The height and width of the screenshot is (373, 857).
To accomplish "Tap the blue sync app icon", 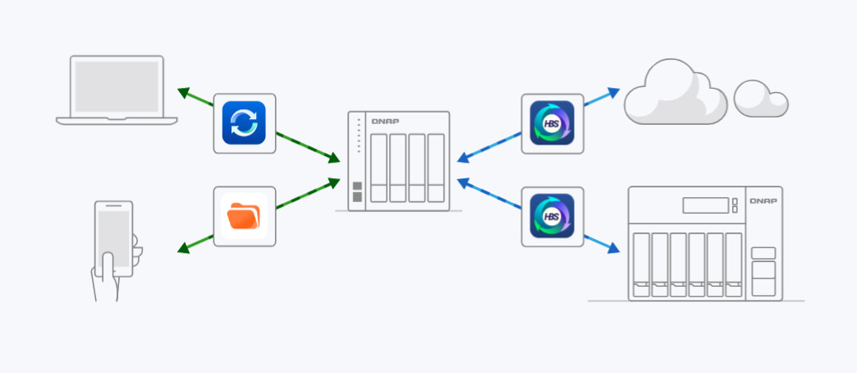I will click(244, 122).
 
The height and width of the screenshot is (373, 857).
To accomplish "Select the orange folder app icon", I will click(244, 216).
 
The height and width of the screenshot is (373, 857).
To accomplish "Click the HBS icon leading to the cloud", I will click(552, 122).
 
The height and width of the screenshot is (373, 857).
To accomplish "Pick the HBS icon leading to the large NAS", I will click(552, 216).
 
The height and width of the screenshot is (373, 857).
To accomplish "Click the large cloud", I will click(675, 94).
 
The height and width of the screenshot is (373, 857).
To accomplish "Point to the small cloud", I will click(761, 99).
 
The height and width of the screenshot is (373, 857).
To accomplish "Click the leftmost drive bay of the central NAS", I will click(378, 168).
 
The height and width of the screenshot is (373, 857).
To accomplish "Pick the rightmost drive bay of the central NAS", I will click(435, 168).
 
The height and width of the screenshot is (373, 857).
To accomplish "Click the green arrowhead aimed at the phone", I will click(182, 248).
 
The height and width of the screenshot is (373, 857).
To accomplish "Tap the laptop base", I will click(117, 120).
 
